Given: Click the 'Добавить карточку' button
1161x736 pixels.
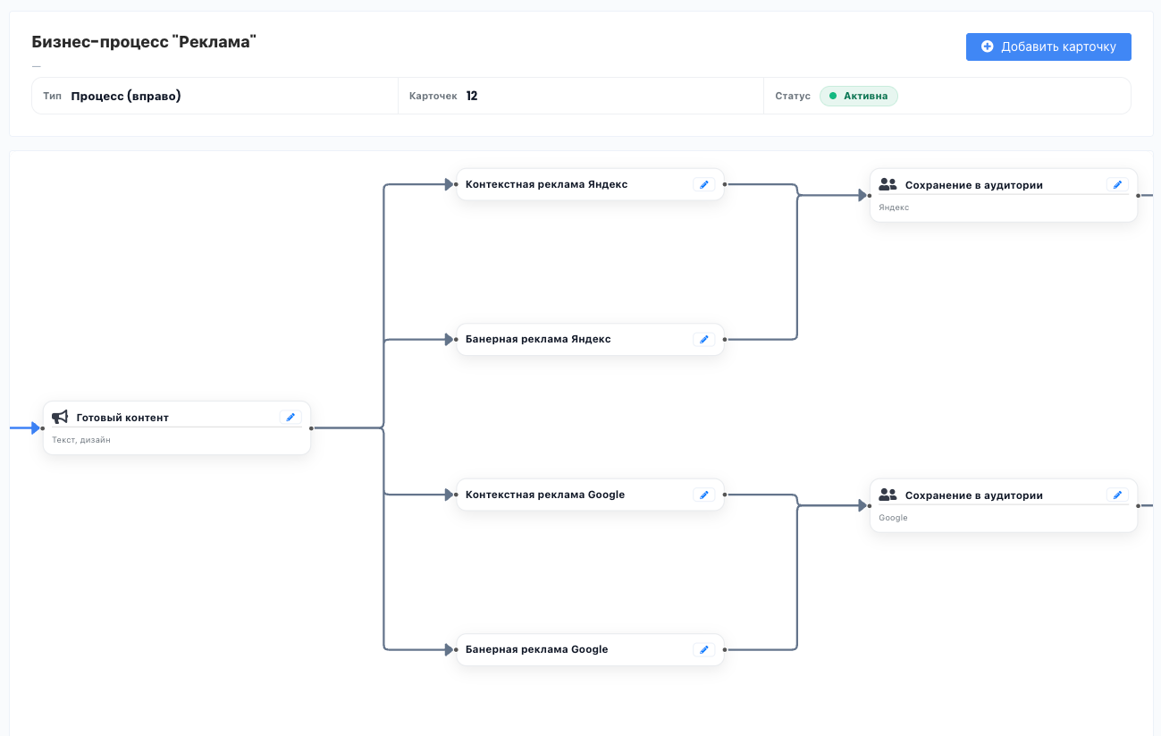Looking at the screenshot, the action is coord(1048,47).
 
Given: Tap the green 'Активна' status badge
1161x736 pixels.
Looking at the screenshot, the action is coord(858,96).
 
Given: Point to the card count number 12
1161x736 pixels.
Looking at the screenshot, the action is coord(472,96).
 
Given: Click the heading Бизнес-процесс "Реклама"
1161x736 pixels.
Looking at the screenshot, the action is coord(144,41).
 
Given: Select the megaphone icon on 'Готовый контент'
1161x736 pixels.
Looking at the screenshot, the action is coord(60,417).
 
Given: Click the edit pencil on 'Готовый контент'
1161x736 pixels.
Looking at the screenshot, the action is coord(290,417).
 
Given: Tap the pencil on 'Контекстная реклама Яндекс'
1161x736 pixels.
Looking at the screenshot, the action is coord(704,184).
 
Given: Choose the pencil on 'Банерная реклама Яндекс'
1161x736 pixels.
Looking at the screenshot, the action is coord(704,339).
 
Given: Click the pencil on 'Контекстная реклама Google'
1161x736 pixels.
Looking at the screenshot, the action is coord(704,495).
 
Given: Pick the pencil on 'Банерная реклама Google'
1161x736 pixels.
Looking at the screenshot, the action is coord(704,649).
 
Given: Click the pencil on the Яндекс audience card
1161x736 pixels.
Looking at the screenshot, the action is coord(1117,184).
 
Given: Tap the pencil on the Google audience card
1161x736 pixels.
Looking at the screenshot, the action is coord(1117,495).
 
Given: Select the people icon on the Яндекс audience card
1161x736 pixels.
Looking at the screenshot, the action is coord(888,184).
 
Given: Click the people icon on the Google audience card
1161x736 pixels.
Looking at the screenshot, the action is coord(888,495).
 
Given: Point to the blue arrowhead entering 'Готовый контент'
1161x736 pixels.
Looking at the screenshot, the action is coord(36,427).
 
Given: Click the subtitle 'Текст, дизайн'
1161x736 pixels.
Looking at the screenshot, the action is coord(80,440).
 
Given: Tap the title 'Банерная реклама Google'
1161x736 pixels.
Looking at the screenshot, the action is coord(536,649).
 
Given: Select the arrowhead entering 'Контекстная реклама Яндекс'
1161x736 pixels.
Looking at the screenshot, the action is coord(450,184).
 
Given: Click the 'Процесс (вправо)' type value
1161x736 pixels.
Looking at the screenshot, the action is coord(126,96).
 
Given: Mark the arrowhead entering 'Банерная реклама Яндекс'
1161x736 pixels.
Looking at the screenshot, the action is coord(450,339).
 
